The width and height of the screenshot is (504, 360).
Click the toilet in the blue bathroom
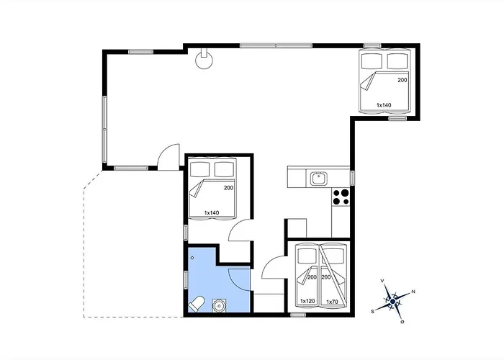tap(197, 303)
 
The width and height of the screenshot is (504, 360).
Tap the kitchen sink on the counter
tap(318, 179)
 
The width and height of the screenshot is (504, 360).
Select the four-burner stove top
tap(341, 197)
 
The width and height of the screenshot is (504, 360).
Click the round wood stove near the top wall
tap(204, 59)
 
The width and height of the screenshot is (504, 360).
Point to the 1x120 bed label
tap(307, 301)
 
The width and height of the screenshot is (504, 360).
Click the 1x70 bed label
tap(332, 302)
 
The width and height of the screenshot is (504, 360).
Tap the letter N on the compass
tap(413, 292)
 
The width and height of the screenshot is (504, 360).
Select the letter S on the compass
tap(372, 311)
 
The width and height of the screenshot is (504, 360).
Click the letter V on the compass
tap(382, 281)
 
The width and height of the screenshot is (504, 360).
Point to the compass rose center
tap(392, 301)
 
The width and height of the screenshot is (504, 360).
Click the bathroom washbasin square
tap(219, 305)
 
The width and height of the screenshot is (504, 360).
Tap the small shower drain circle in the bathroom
tap(192, 258)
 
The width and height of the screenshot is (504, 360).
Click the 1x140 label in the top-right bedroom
tap(384, 105)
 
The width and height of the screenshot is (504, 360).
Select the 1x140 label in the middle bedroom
tap(212, 213)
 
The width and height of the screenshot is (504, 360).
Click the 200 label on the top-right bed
tap(402, 80)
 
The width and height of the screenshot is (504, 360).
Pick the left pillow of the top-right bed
tap(372, 60)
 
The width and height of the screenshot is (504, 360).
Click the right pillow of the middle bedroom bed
tap(224, 169)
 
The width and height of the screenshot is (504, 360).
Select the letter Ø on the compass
tap(402, 321)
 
